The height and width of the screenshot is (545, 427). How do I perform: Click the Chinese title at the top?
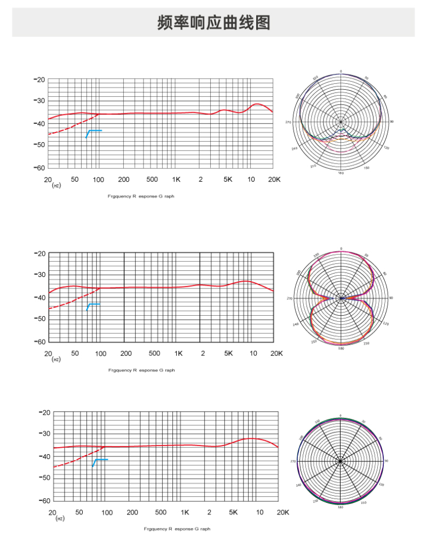(x=213, y=23)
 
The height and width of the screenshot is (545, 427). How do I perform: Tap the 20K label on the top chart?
(x=274, y=180)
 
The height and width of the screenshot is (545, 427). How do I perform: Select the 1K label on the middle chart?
(x=178, y=354)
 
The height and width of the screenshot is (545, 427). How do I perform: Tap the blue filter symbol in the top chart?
(x=93, y=133)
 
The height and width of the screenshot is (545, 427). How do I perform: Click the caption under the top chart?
(x=141, y=197)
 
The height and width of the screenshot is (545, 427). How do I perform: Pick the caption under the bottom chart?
(x=177, y=529)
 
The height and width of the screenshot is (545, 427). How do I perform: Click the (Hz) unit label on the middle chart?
(x=56, y=360)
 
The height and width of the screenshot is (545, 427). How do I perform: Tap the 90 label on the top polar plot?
(x=391, y=122)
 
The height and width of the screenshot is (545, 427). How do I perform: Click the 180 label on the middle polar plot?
(x=341, y=348)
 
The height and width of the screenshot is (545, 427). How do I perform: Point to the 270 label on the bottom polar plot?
(x=292, y=461)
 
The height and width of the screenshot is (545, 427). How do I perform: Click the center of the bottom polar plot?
(x=341, y=461)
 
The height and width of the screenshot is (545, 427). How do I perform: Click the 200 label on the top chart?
(x=124, y=180)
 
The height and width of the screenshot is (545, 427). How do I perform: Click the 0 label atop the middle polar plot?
(x=341, y=249)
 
